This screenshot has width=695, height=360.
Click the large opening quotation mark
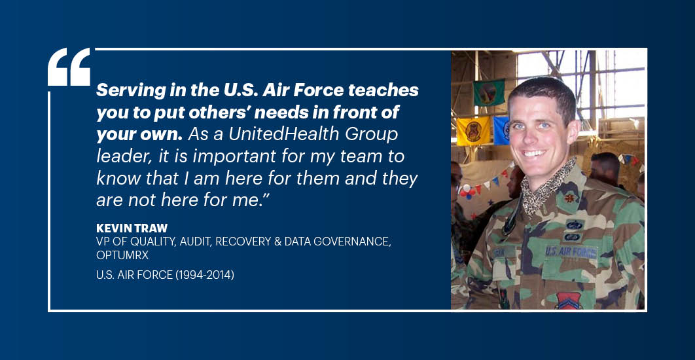69,67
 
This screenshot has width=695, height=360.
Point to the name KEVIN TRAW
132,228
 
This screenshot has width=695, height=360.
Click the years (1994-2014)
205,275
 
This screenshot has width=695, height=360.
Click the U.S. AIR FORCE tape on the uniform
571,252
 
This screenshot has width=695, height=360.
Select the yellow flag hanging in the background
473,131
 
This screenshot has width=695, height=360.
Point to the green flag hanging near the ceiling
489,92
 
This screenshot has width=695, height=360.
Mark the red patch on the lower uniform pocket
569,300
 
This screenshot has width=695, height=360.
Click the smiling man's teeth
535,153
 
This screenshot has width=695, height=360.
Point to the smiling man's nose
530,135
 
